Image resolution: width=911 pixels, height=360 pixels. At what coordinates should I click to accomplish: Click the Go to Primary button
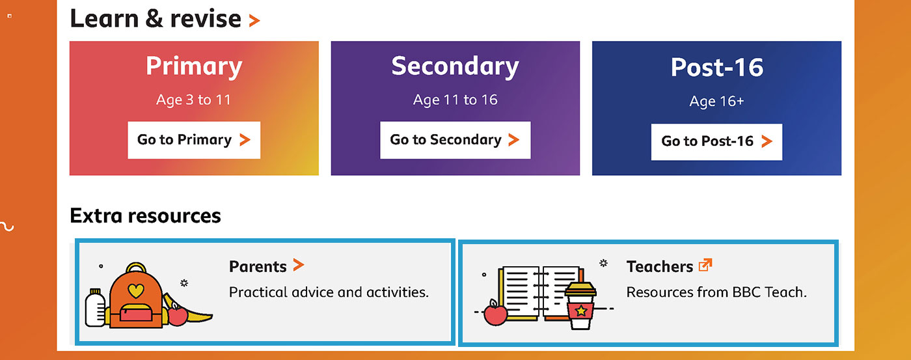coord(194,140)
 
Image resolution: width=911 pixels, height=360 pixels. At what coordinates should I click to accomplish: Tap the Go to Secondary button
coord(455,140)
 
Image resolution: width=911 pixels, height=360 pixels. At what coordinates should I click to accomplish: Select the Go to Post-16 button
coord(716,141)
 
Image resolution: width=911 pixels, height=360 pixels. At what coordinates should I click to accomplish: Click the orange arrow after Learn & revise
coord(254,20)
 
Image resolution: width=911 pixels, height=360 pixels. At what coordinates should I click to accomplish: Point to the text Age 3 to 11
coord(194,100)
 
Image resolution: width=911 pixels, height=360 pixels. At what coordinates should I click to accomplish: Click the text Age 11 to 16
coord(455,100)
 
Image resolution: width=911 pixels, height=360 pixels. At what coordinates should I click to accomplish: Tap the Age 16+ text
coord(716,102)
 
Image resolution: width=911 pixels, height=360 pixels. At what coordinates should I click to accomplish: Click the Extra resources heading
coord(145,215)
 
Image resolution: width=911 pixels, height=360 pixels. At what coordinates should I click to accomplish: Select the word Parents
coord(258,267)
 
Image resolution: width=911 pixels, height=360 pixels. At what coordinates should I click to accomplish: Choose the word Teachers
coord(660,267)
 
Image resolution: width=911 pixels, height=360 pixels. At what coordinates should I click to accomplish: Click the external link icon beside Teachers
coord(705,265)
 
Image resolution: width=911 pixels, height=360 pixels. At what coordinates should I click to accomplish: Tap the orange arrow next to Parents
coord(299,265)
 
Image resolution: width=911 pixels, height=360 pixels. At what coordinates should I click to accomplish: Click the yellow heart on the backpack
coord(136,290)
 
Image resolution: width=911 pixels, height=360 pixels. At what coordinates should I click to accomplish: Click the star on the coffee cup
coord(581,311)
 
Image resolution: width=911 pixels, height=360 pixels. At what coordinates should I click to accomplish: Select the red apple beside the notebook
coord(495,314)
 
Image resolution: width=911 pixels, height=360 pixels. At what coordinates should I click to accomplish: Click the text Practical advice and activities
coord(329,292)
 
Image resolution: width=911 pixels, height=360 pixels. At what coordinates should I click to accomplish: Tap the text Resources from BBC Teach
coord(716,292)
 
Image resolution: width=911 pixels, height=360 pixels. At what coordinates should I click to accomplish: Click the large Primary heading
coord(194,66)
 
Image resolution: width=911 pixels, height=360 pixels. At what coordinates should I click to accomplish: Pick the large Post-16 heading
coord(716,67)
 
